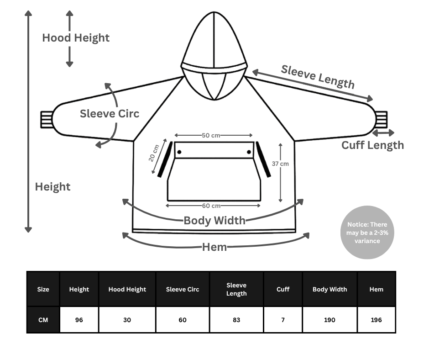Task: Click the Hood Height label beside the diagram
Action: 76,38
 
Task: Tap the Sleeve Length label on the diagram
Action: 318,77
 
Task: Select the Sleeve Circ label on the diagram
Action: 110,114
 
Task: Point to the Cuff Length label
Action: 373,145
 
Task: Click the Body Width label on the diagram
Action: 214,221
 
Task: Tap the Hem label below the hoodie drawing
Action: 214,247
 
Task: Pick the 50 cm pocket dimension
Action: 211,136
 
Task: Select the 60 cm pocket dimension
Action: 211,206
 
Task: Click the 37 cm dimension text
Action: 280,164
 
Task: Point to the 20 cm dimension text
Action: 154,153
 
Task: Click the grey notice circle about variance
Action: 367,233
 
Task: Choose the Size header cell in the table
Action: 43,289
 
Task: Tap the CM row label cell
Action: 43,320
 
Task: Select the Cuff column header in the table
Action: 283,289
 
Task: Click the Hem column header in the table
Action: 377,289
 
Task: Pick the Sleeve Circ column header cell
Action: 183,289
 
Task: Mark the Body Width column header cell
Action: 330,289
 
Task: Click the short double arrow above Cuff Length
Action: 383,132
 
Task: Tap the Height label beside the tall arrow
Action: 53,187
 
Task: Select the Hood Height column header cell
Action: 127,289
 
